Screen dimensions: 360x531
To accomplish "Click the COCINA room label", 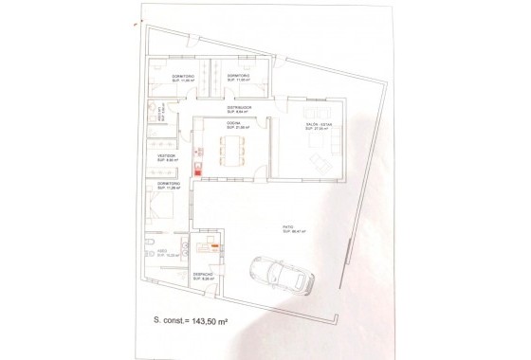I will (x=232, y=123).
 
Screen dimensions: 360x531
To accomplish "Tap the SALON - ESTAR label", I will (x=317, y=123).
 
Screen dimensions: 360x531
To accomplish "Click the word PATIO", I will (x=287, y=225).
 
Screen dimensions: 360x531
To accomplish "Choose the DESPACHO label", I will (x=203, y=274).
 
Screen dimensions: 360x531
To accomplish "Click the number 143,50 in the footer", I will (x=203, y=321).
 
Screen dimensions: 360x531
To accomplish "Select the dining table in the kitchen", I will (x=232, y=149).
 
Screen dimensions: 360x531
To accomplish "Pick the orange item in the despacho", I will (x=215, y=246).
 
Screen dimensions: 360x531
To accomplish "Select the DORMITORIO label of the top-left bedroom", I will (x=183, y=76).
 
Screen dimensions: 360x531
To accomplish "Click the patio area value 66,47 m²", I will (x=288, y=230).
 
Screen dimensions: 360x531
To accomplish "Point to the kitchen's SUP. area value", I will (x=232, y=128).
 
